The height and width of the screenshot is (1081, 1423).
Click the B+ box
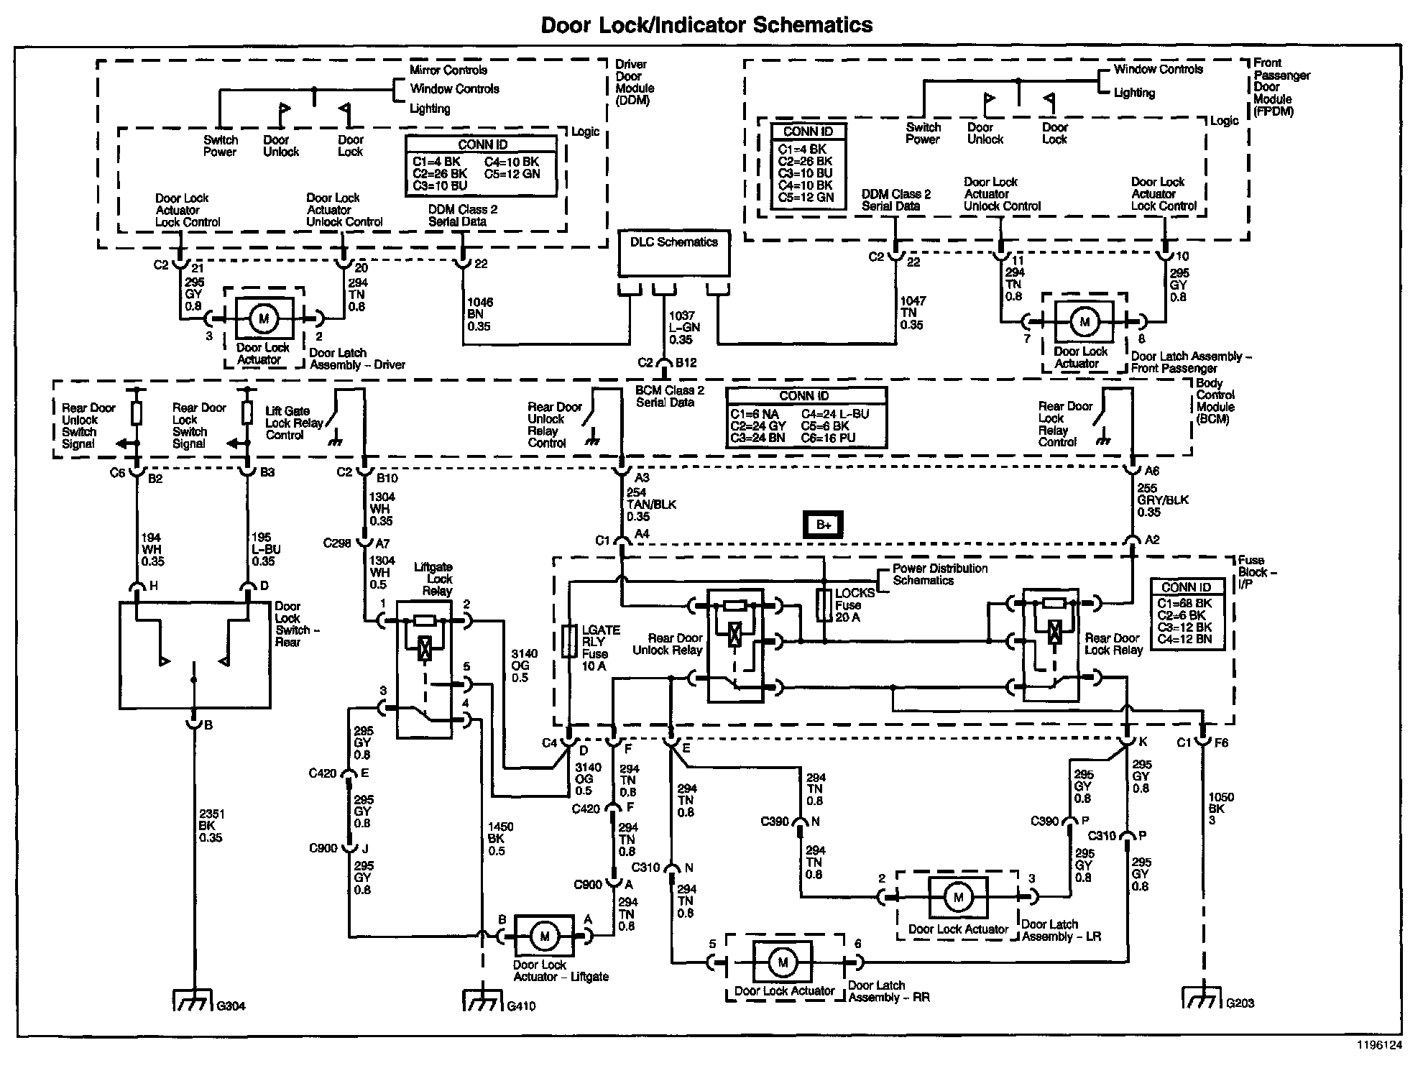pyautogui.click(x=823, y=525)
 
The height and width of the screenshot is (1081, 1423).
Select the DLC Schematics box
pyautogui.click(x=674, y=253)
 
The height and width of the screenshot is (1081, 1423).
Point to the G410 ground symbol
pyautogui.click(x=482, y=1000)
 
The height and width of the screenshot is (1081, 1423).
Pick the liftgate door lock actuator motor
pyautogui.click(x=544, y=936)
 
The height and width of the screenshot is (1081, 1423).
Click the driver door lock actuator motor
pyautogui.click(x=264, y=318)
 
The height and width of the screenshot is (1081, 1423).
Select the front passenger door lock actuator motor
pyautogui.click(x=1084, y=322)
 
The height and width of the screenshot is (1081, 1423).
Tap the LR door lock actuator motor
pyautogui.click(x=958, y=897)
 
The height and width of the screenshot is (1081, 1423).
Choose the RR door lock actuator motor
pyautogui.click(x=782, y=962)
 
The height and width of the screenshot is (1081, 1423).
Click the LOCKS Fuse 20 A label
pyautogui.click(x=855, y=605)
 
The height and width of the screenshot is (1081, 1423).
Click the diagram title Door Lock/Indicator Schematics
pyautogui.click(x=706, y=25)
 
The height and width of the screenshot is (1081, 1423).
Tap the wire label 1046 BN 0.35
pyautogui.click(x=480, y=314)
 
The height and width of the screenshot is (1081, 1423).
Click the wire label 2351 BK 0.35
pyautogui.click(x=211, y=826)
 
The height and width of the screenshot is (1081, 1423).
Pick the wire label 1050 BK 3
pyautogui.click(x=1221, y=808)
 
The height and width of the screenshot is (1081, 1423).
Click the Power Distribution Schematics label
pyautogui.click(x=940, y=574)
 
